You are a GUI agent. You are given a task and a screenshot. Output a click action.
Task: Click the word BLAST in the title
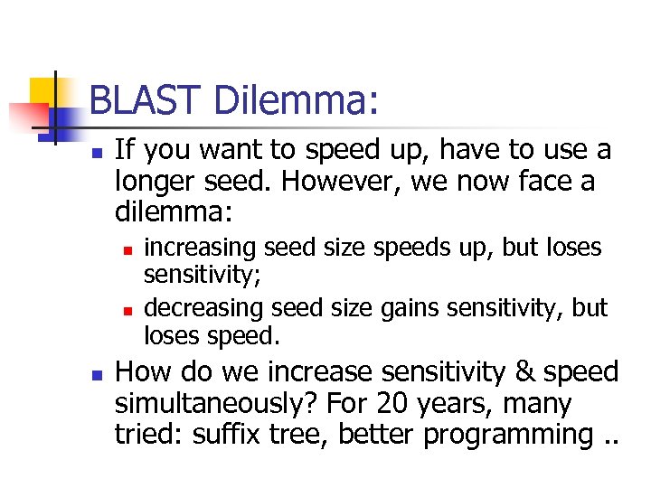pyautogui.click(x=146, y=100)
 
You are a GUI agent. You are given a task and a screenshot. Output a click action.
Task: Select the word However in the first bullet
pyautogui.click(x=331, y=182)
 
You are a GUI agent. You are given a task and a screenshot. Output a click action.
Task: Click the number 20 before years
pyautogui.click(x=395, y=403)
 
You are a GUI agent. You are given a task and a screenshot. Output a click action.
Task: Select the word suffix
pyautogui.click(x=213, y=435)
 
